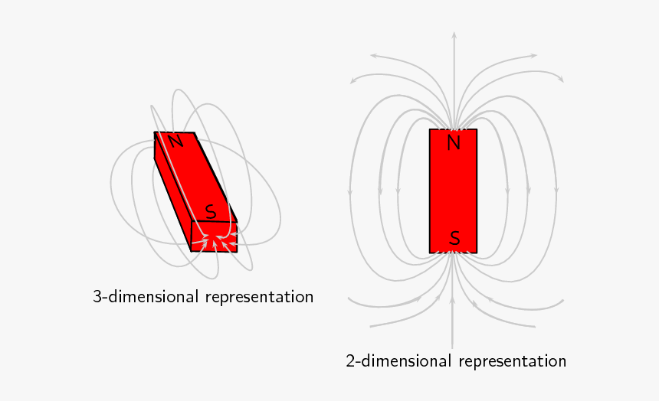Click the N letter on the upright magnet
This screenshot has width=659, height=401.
[454, 143]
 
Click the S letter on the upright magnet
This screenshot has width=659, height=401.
[454, 239]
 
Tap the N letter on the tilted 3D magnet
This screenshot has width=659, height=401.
[176, 141]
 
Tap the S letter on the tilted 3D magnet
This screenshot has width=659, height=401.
[211, 212]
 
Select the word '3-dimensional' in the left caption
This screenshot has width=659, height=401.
[146, 297]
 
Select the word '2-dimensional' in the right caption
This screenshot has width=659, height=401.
[398, 361]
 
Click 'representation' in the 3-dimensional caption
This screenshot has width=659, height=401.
[259, 298]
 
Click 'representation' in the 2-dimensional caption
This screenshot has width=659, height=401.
[513, 362]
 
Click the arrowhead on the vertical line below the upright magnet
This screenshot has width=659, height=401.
[453, 300]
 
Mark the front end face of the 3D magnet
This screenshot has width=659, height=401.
[215, 236]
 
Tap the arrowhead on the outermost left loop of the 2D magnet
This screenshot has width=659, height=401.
[350, 191]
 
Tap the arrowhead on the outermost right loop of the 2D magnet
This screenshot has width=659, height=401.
[556, 191]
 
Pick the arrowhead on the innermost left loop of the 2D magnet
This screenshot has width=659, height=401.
[398, 191]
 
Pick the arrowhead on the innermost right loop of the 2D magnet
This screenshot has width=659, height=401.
[508, 191]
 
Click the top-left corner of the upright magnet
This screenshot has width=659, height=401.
[430, 129]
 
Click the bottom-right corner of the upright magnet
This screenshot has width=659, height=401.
[477, 253]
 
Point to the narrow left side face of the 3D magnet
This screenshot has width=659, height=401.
[172, 192]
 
